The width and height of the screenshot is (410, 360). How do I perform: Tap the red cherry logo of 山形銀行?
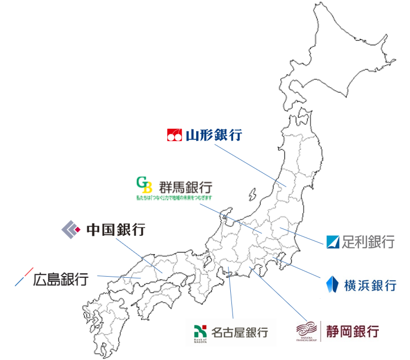click(174, 135)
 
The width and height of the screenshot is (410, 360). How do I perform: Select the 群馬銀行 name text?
click(184, 187)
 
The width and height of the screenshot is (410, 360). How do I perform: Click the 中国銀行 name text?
click(116, 230)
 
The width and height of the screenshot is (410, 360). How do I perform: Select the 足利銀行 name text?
click(368, 243)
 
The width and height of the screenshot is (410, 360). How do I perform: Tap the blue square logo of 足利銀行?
click(333, 242)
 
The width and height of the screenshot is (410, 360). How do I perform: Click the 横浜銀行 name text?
click(370, 285)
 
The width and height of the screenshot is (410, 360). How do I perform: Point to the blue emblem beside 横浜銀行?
click(333, 283)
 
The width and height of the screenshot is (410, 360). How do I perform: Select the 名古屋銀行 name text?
click(239, 332)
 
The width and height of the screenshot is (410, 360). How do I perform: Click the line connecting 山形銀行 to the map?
click(250, 164)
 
